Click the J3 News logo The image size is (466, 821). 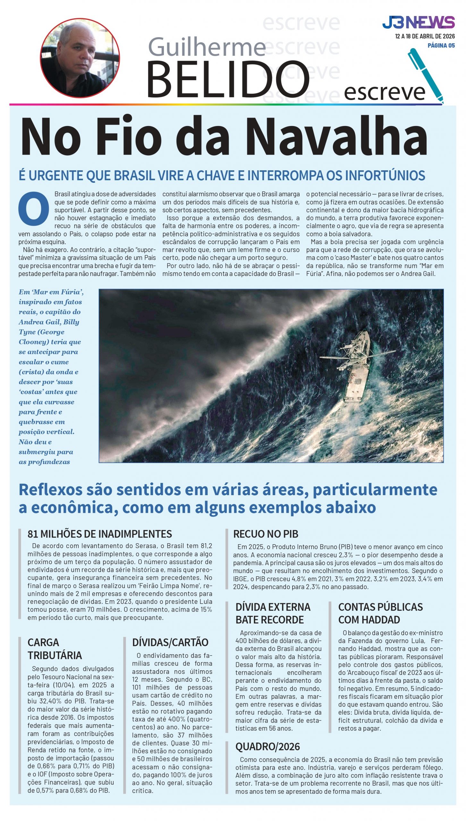pos(418,22)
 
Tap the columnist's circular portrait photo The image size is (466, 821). pos(80,58)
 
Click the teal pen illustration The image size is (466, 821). pos(425,75)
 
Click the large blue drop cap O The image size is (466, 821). pos(34,208)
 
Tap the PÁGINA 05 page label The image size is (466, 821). pos(441,46)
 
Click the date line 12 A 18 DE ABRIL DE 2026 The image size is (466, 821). pos(425,36)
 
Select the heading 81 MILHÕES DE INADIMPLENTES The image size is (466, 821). pos(100,534)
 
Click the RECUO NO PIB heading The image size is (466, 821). pos(266,534)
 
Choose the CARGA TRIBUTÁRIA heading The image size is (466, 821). pos(55,649)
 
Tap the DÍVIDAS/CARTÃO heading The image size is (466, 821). pos(170,642)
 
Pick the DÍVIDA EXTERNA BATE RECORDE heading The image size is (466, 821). pos(273,613)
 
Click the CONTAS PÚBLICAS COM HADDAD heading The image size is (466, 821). pos(380,613)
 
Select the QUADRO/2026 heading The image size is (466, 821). pos(267,747)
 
